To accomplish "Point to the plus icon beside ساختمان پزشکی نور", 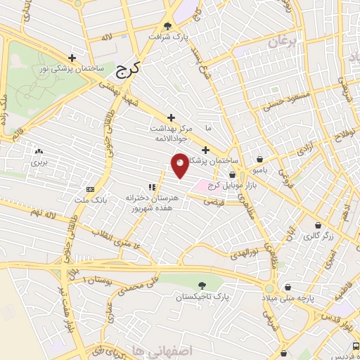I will (72, 58).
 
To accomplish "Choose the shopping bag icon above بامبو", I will (261, 159).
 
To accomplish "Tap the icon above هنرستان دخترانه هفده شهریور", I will (151, 188).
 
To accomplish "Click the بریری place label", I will (37, 162).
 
